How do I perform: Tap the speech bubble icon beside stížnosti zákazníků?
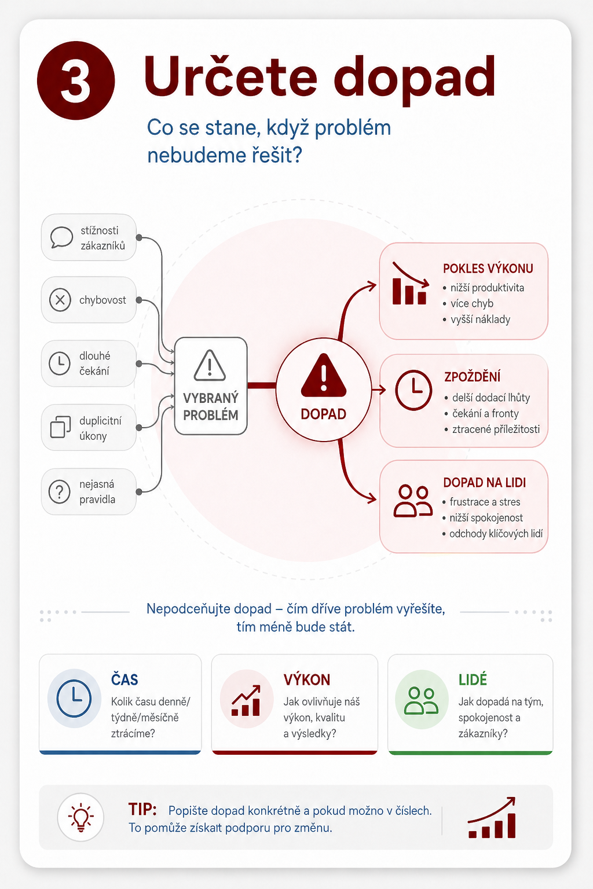pyautogui.click(x=61, y=237)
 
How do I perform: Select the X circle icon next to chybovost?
pyautogui.click(x=60, y=300)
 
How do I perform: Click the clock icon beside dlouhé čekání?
pyautogui.click(x=60, y=363)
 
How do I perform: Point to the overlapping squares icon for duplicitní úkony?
pyautogui.click(x=60, y=427)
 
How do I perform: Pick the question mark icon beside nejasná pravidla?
pyautogui.click(x=60, y=492)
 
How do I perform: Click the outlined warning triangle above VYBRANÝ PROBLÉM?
pyautogui.click(x=210, y=366)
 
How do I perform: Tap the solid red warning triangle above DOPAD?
pyautogui.click(x=324, y=375)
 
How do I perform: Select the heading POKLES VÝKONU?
pyautogui.click(x=488, y=269)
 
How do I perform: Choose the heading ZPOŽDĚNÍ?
pyautogui.click(x=472, y=377)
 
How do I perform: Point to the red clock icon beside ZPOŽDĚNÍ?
pyautogui.click(x=413, y=390)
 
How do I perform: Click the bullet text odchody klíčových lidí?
pyautogui.click(x=496, y=534)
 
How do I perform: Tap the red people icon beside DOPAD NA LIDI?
pyautogui.click(x=413, y=501)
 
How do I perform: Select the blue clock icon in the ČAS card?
pyautogui.click(x=74, y=698)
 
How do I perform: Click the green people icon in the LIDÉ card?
pyautogui.click(x=422, y=701)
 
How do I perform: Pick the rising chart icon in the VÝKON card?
pyautogui.click(x=246, y=700)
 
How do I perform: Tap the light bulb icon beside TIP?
pyautogui.click(x=80, y=817)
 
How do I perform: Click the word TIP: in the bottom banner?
pyautogui.click(x=142, y=809)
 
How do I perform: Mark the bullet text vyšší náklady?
pyautogui.click(x=480, y=319)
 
